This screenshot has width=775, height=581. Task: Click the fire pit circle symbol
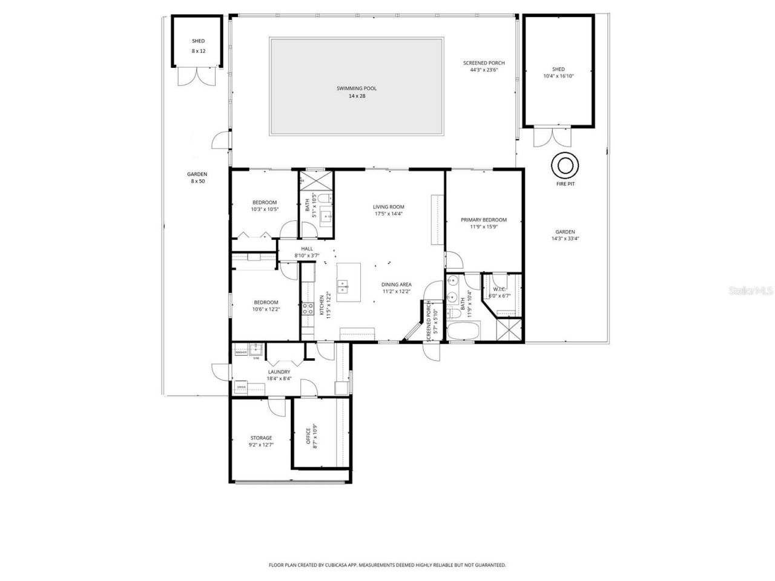point(565,165)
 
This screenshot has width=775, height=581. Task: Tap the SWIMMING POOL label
point(357,88)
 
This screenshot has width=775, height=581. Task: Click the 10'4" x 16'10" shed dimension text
point(558,76)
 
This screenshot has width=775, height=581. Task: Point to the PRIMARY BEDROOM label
point(483,220)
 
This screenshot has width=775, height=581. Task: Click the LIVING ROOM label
point(388,207)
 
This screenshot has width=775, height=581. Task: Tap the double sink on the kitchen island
point(343,286)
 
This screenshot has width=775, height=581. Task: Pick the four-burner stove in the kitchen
point(306,309)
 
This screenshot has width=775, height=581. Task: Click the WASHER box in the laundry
point(240,352)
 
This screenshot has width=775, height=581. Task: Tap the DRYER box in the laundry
point(241,386)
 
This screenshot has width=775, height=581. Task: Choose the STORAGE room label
point(261,438)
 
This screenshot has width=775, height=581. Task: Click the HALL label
point(306,248)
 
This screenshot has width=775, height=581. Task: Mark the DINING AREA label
point(396,284)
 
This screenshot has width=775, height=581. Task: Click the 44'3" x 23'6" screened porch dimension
point(483,70)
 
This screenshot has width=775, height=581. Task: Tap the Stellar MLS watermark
point(751,290)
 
